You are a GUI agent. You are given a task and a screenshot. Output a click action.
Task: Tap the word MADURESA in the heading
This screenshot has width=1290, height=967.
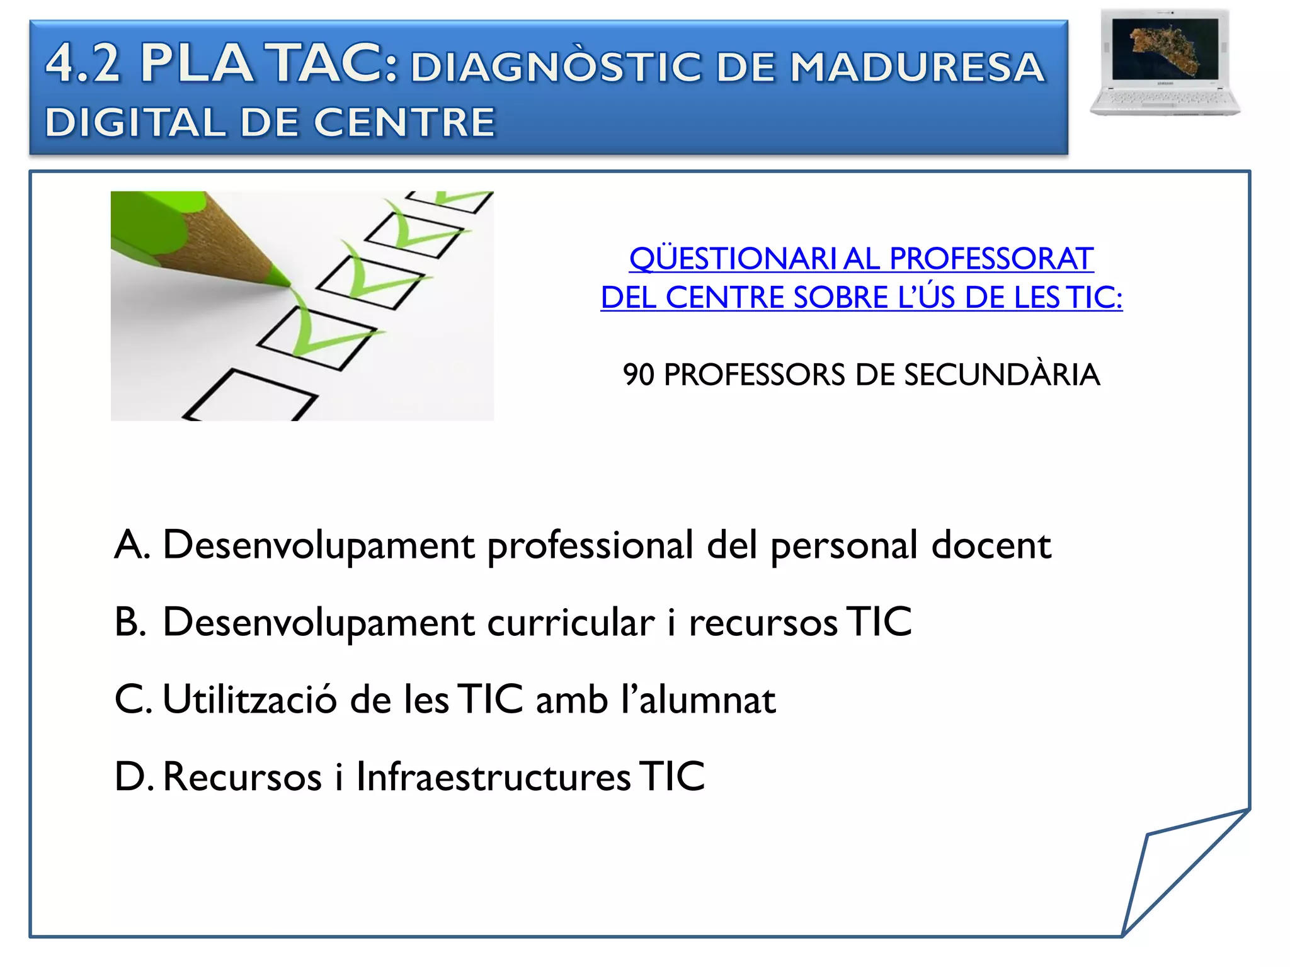click(917, 67)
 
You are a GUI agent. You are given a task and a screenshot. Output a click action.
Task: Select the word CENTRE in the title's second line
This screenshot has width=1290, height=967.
click(404, 122)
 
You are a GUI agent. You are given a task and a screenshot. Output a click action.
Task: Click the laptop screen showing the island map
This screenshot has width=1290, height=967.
click(1165, 48)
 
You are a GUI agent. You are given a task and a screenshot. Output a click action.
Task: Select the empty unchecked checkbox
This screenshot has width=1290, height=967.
click(251, 396)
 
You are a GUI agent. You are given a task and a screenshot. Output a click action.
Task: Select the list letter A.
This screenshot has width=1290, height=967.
click(132, 545)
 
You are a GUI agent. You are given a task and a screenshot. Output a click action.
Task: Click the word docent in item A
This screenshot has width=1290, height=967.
click(991, 545)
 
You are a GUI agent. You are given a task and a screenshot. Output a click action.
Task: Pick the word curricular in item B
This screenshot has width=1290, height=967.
click(571, 623)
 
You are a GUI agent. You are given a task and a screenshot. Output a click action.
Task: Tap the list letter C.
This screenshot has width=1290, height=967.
click(132, 699)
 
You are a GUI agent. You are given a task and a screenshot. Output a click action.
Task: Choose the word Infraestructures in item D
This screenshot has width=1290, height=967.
click(493, 777)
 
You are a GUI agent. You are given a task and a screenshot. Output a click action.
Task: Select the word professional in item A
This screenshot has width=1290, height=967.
click(590, 546)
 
